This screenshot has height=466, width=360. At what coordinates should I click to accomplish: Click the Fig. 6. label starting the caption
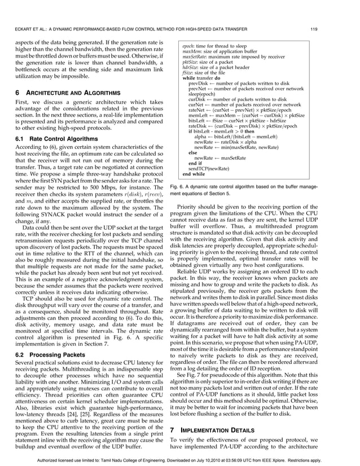(179, 186)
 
